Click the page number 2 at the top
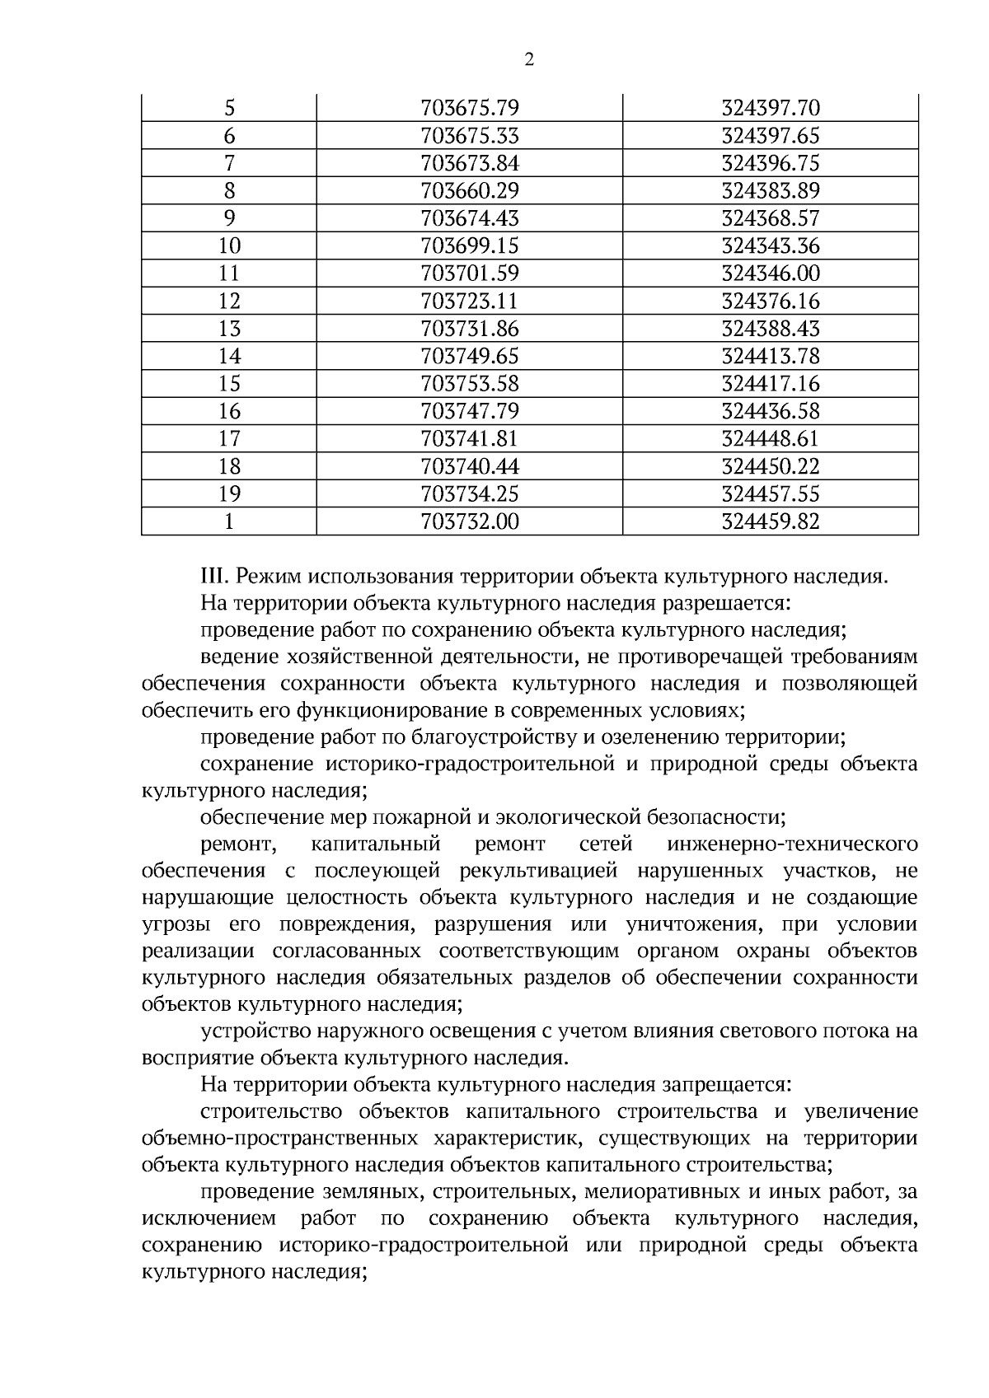point(528,58)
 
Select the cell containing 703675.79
point(470,108)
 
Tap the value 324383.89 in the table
point(771,191)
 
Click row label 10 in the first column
point(229,246)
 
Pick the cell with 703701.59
point(470,274)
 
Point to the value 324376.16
point(771,302)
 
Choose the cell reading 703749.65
point(470,357)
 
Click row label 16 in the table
point(229,411)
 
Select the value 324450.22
point(771,466)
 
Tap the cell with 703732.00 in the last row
point(470,521)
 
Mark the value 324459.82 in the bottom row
point(771,521)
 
